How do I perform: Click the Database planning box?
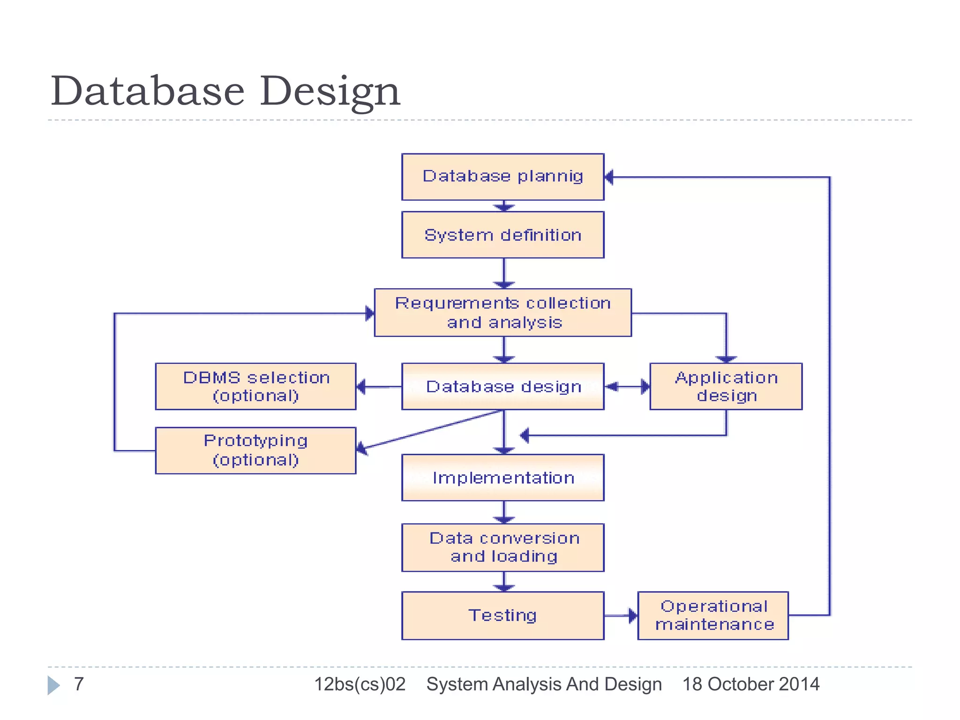[502, 177]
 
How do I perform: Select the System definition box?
[502, 235]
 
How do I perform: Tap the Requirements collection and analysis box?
[502, 313]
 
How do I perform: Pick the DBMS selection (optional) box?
[255, 386]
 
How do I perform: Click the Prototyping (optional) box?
[255, 450]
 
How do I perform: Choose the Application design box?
[726, 386]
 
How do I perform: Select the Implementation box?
[502, 478]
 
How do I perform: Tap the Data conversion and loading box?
[502, 547]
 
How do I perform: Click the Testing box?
[502, 615]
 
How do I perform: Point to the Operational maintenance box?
[713, 615]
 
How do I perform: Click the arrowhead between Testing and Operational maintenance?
[632, 615]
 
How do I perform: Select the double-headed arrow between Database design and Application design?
[627, 387]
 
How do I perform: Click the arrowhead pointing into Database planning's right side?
[609, 177]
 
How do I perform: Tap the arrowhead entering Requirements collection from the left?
[370, 313]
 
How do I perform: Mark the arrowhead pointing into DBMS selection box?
[361, 387]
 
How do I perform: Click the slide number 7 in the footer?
[79, 684]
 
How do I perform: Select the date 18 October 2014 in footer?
[750, 684]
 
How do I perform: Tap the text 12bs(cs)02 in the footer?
[360, 684]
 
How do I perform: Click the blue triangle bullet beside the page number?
[53, 685]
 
